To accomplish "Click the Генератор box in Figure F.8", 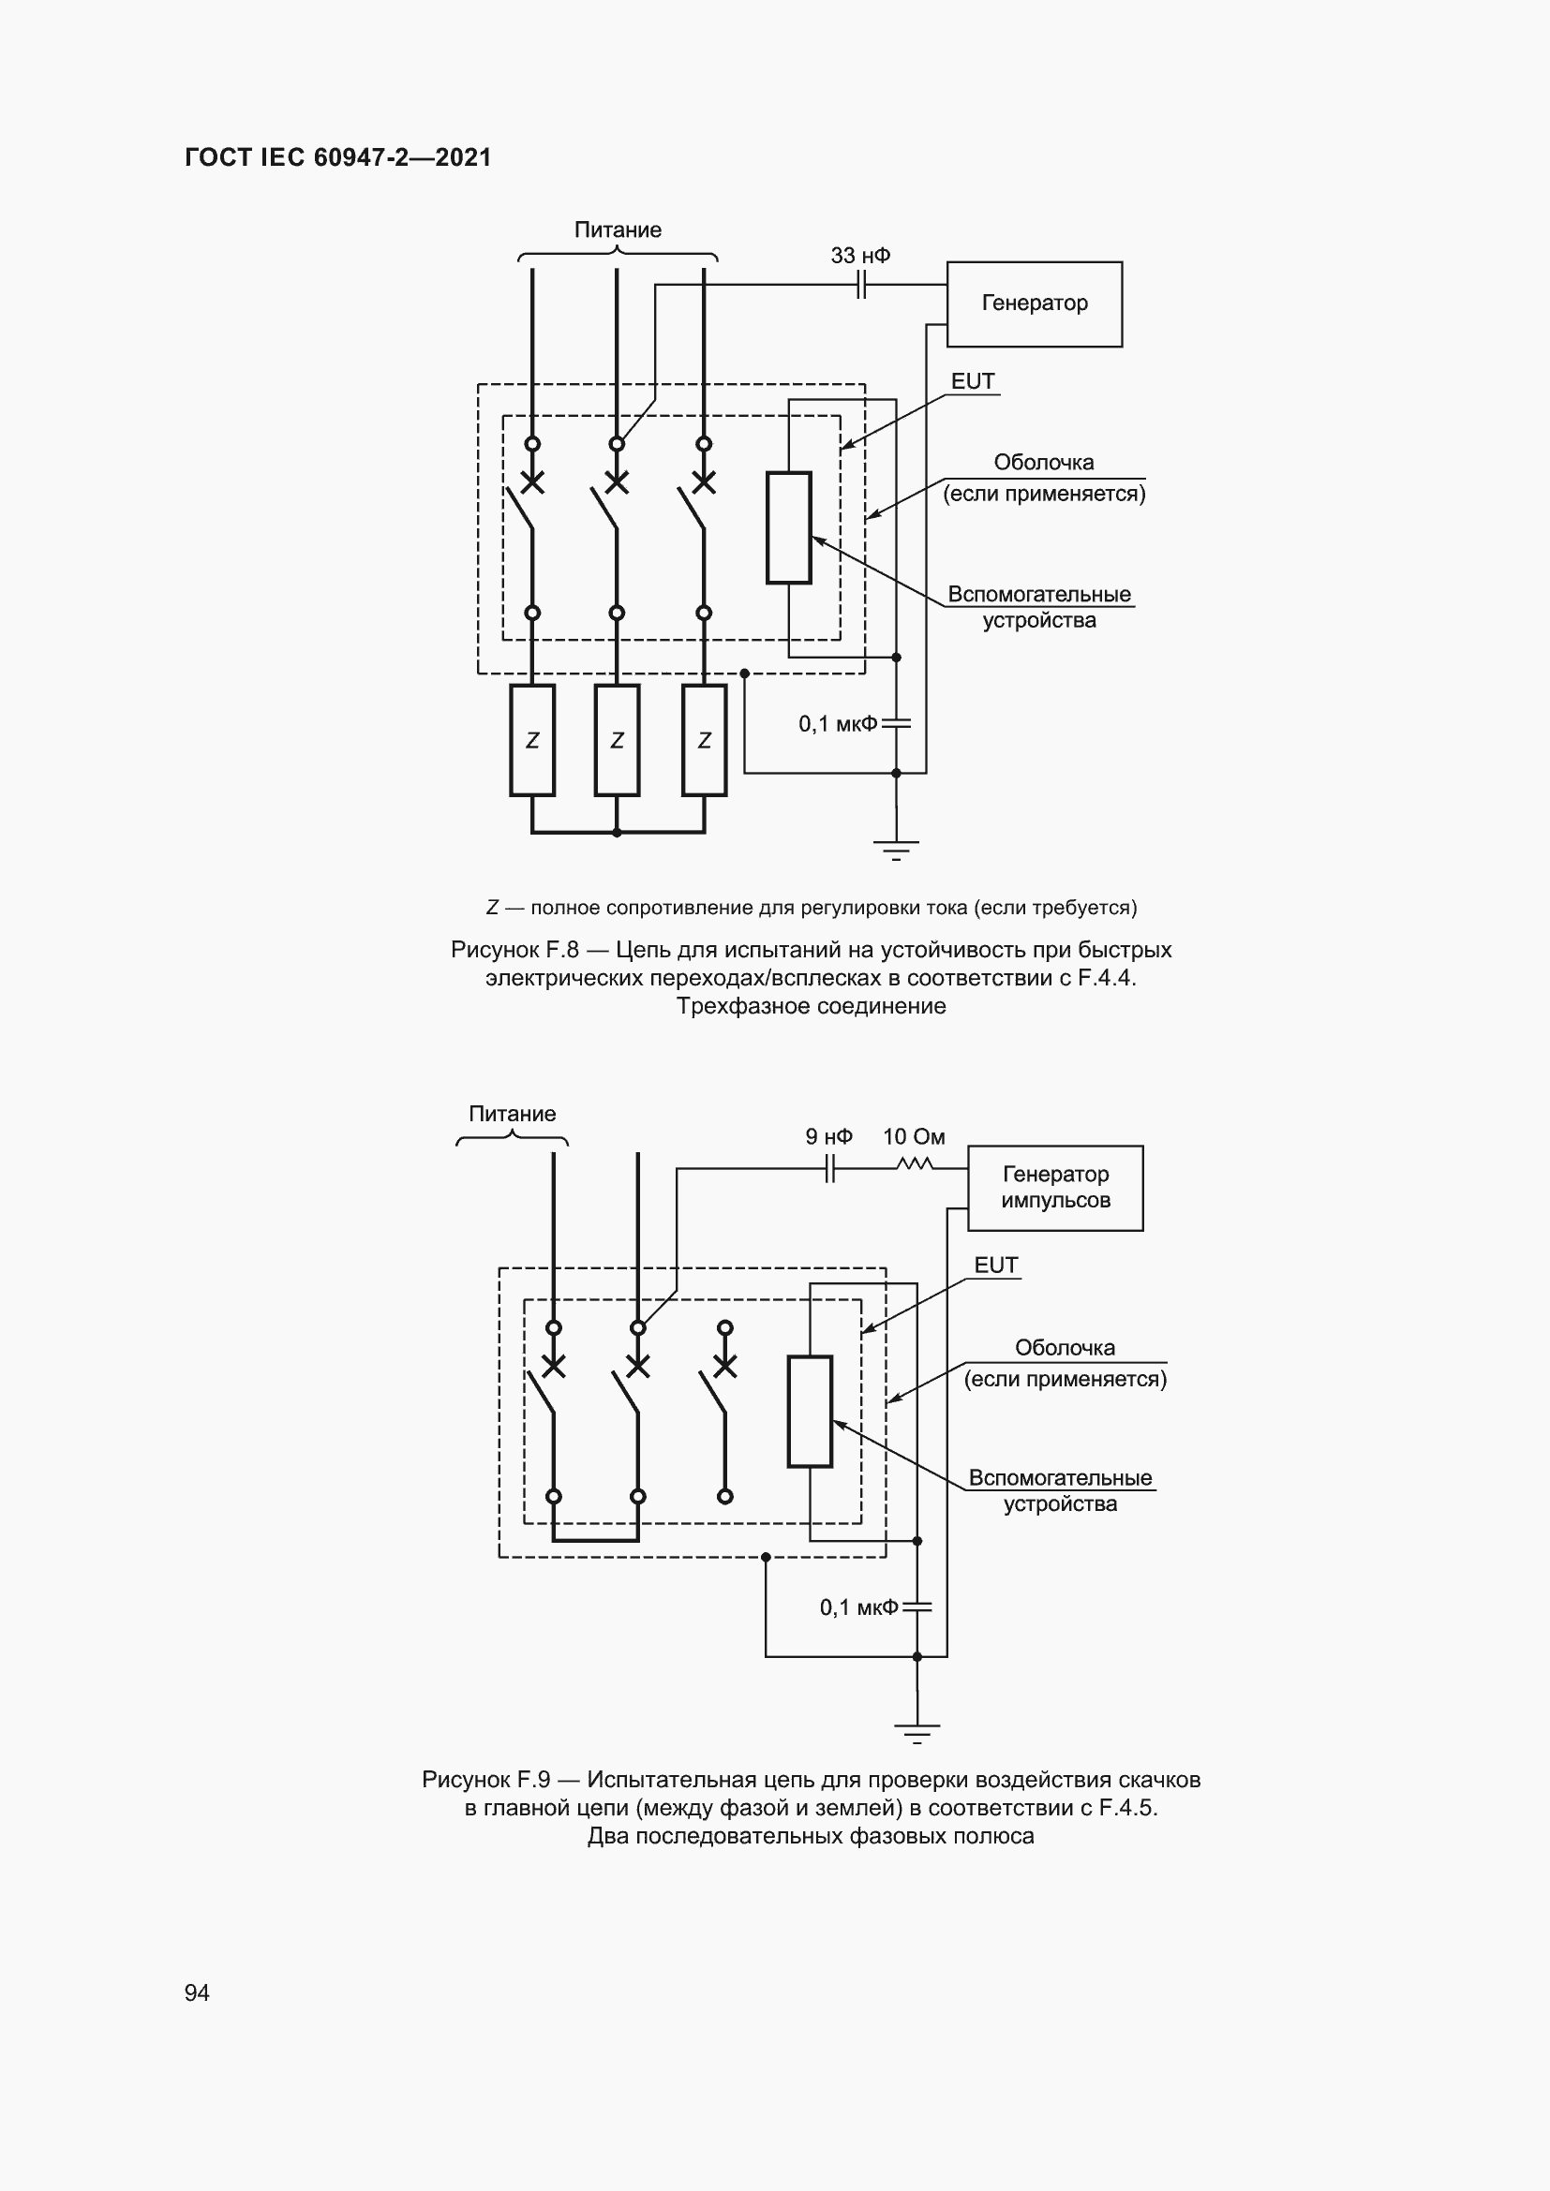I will [1034, 303].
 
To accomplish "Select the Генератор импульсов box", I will [1054, 1187].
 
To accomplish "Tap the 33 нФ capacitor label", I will [860, 256].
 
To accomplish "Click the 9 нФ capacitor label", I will [828, 1136].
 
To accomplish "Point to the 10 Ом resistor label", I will [914, 1136].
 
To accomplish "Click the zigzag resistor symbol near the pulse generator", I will [915, 1163].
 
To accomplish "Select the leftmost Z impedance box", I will [531, 740].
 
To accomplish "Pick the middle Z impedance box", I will [617, 740].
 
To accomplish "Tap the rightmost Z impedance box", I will [705, 740].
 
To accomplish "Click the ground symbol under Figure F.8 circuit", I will [895, 850].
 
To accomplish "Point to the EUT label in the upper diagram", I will [973, 381].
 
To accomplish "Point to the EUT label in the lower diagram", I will [995, 1266].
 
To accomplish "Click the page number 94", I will [197, 1992].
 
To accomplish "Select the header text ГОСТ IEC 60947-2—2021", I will [338, 157].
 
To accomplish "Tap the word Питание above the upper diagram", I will [618, 230].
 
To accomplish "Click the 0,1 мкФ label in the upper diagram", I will [837, 724].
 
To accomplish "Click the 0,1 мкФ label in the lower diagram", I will [858, 1608].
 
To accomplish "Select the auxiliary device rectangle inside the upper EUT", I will [788, 526].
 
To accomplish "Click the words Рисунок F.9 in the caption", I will [485, 1780].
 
